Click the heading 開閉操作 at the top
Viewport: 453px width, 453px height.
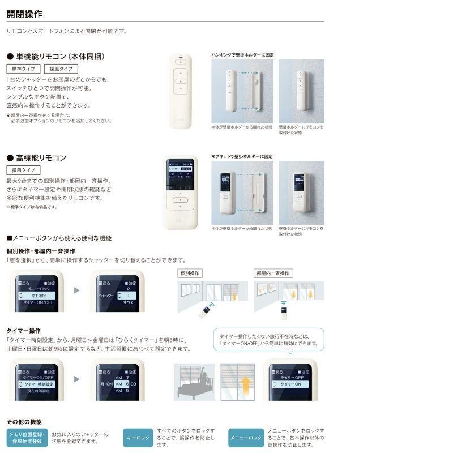24,14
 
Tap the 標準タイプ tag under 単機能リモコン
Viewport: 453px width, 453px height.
23,69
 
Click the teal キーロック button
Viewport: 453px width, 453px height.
138,438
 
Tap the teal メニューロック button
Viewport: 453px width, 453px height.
246,438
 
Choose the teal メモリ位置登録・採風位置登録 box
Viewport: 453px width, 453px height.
27,438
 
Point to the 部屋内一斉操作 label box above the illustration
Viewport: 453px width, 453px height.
273,273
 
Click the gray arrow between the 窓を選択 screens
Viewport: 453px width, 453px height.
77,290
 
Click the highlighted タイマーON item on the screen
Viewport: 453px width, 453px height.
290,384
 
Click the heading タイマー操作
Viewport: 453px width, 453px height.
23,331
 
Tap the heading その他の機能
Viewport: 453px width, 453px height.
24,422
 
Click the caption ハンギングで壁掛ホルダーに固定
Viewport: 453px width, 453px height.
242,55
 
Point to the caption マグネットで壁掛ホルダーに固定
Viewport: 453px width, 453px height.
242,156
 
